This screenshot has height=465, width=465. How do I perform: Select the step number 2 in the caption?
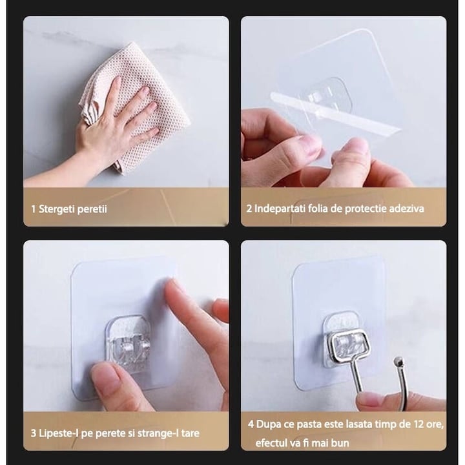[x=249, y=209]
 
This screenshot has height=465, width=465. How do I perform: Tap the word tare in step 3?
[x=190, y=433]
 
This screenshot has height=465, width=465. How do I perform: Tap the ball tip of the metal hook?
[x=399, y=362]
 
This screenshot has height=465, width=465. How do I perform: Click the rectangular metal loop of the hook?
[x=350, y=334]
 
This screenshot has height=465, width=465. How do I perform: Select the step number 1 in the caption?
[x=34, y=209]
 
